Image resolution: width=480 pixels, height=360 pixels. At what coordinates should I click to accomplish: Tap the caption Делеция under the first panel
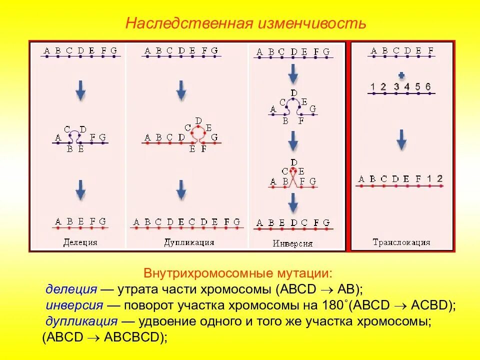click(80, 243)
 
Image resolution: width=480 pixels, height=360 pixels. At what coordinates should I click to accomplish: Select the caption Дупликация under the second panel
click(189, 242)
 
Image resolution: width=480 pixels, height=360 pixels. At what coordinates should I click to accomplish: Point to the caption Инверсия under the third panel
click(293, 244)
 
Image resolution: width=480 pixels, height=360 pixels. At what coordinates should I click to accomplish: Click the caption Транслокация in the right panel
click(401, 242)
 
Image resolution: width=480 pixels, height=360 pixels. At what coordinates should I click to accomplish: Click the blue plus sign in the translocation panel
click(401, 75)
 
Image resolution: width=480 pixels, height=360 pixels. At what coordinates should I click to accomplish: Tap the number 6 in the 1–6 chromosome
click(428, 87)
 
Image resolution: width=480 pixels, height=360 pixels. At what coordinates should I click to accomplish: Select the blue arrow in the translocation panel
click(401, 139)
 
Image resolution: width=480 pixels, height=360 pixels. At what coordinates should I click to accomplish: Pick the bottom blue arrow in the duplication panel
click(181, 190)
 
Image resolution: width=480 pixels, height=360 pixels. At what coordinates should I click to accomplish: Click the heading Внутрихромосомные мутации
click(237, 274)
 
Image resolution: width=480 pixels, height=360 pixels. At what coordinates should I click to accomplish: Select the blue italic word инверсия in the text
click(74, 305)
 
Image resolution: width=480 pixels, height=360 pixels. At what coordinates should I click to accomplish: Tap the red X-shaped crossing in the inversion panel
click(293, 177)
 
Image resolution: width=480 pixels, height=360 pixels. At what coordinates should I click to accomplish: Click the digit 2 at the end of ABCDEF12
click(439, 178)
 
